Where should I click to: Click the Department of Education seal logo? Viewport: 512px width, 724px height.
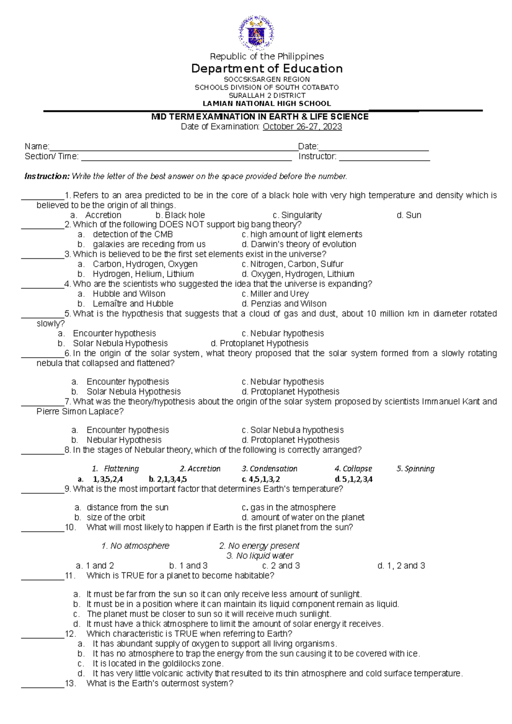coord(256,32)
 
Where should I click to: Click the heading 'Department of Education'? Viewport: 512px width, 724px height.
coord(267,69)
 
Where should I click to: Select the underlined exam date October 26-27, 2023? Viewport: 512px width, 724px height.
coord(302,127)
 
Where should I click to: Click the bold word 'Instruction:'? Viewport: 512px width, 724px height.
coord(47,176)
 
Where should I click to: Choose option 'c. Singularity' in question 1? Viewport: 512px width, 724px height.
coord(297,215)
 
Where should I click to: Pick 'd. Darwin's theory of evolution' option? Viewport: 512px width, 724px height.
coord(299,244)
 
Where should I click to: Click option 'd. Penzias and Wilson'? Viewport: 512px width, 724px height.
coord(284,304)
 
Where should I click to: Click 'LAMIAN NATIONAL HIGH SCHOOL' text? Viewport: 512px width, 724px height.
coord(267,104)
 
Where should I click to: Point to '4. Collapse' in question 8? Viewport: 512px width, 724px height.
coord(353,469)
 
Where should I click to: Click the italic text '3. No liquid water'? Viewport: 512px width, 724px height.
coord(260,556)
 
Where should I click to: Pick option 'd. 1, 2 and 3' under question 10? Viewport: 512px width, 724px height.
coord(401,566)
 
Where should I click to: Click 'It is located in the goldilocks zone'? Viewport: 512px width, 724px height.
coord(158,663)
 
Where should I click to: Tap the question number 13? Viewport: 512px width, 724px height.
coord(70,683)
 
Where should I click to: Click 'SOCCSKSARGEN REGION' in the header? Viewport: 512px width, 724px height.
coord(267,79)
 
